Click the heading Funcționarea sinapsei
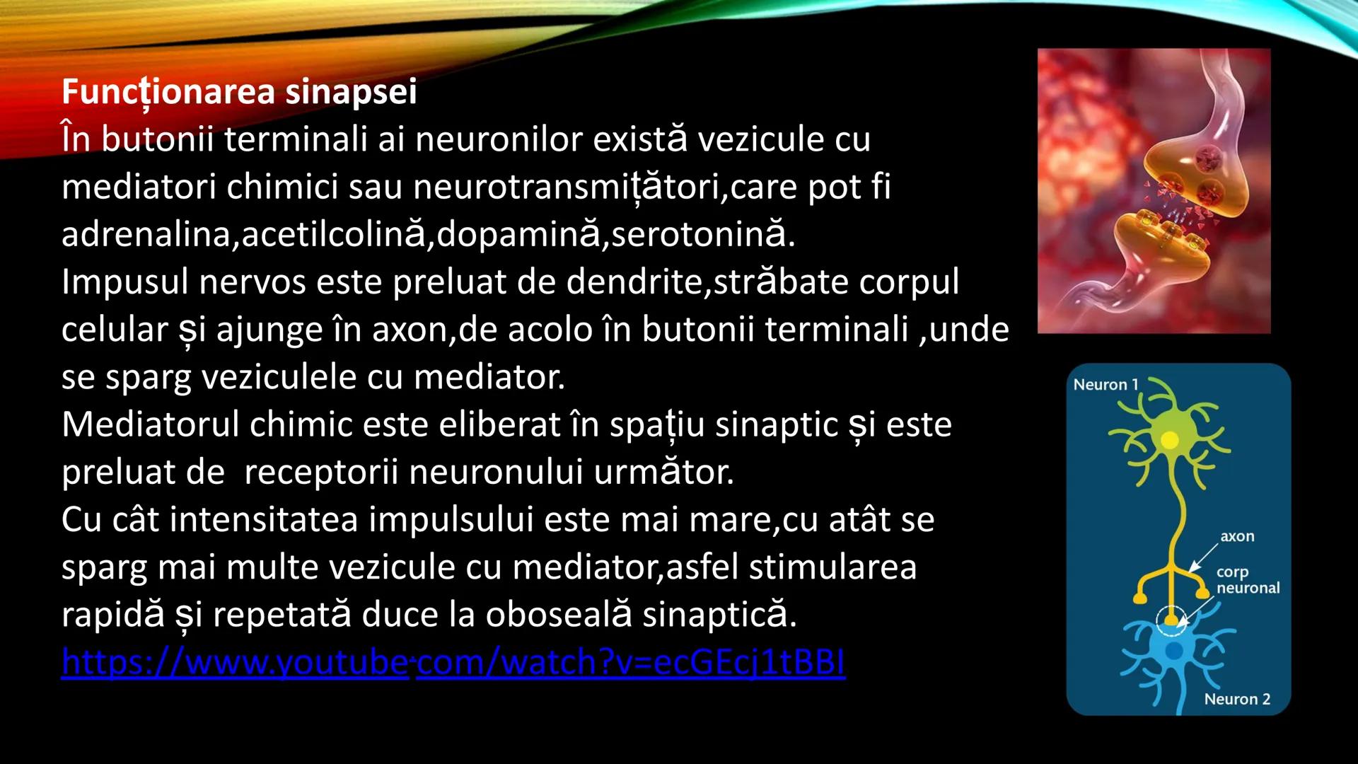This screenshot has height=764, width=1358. (239, 92)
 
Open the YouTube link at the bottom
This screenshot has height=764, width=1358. (453, 662)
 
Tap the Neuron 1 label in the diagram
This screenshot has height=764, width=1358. (1105, 385)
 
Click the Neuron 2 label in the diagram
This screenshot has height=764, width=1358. (1237, 700)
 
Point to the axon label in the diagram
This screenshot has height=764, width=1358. (1237, 536)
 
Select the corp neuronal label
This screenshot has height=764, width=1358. (1248, 580)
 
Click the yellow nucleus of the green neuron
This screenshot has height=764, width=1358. (1170, 441)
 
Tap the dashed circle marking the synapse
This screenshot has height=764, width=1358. (1172, 620)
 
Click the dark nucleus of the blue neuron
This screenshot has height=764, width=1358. (1174, 650)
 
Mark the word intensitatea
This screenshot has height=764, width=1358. (264, 520)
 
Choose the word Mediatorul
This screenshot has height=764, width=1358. (150, 425)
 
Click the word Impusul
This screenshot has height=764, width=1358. (124, 282)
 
